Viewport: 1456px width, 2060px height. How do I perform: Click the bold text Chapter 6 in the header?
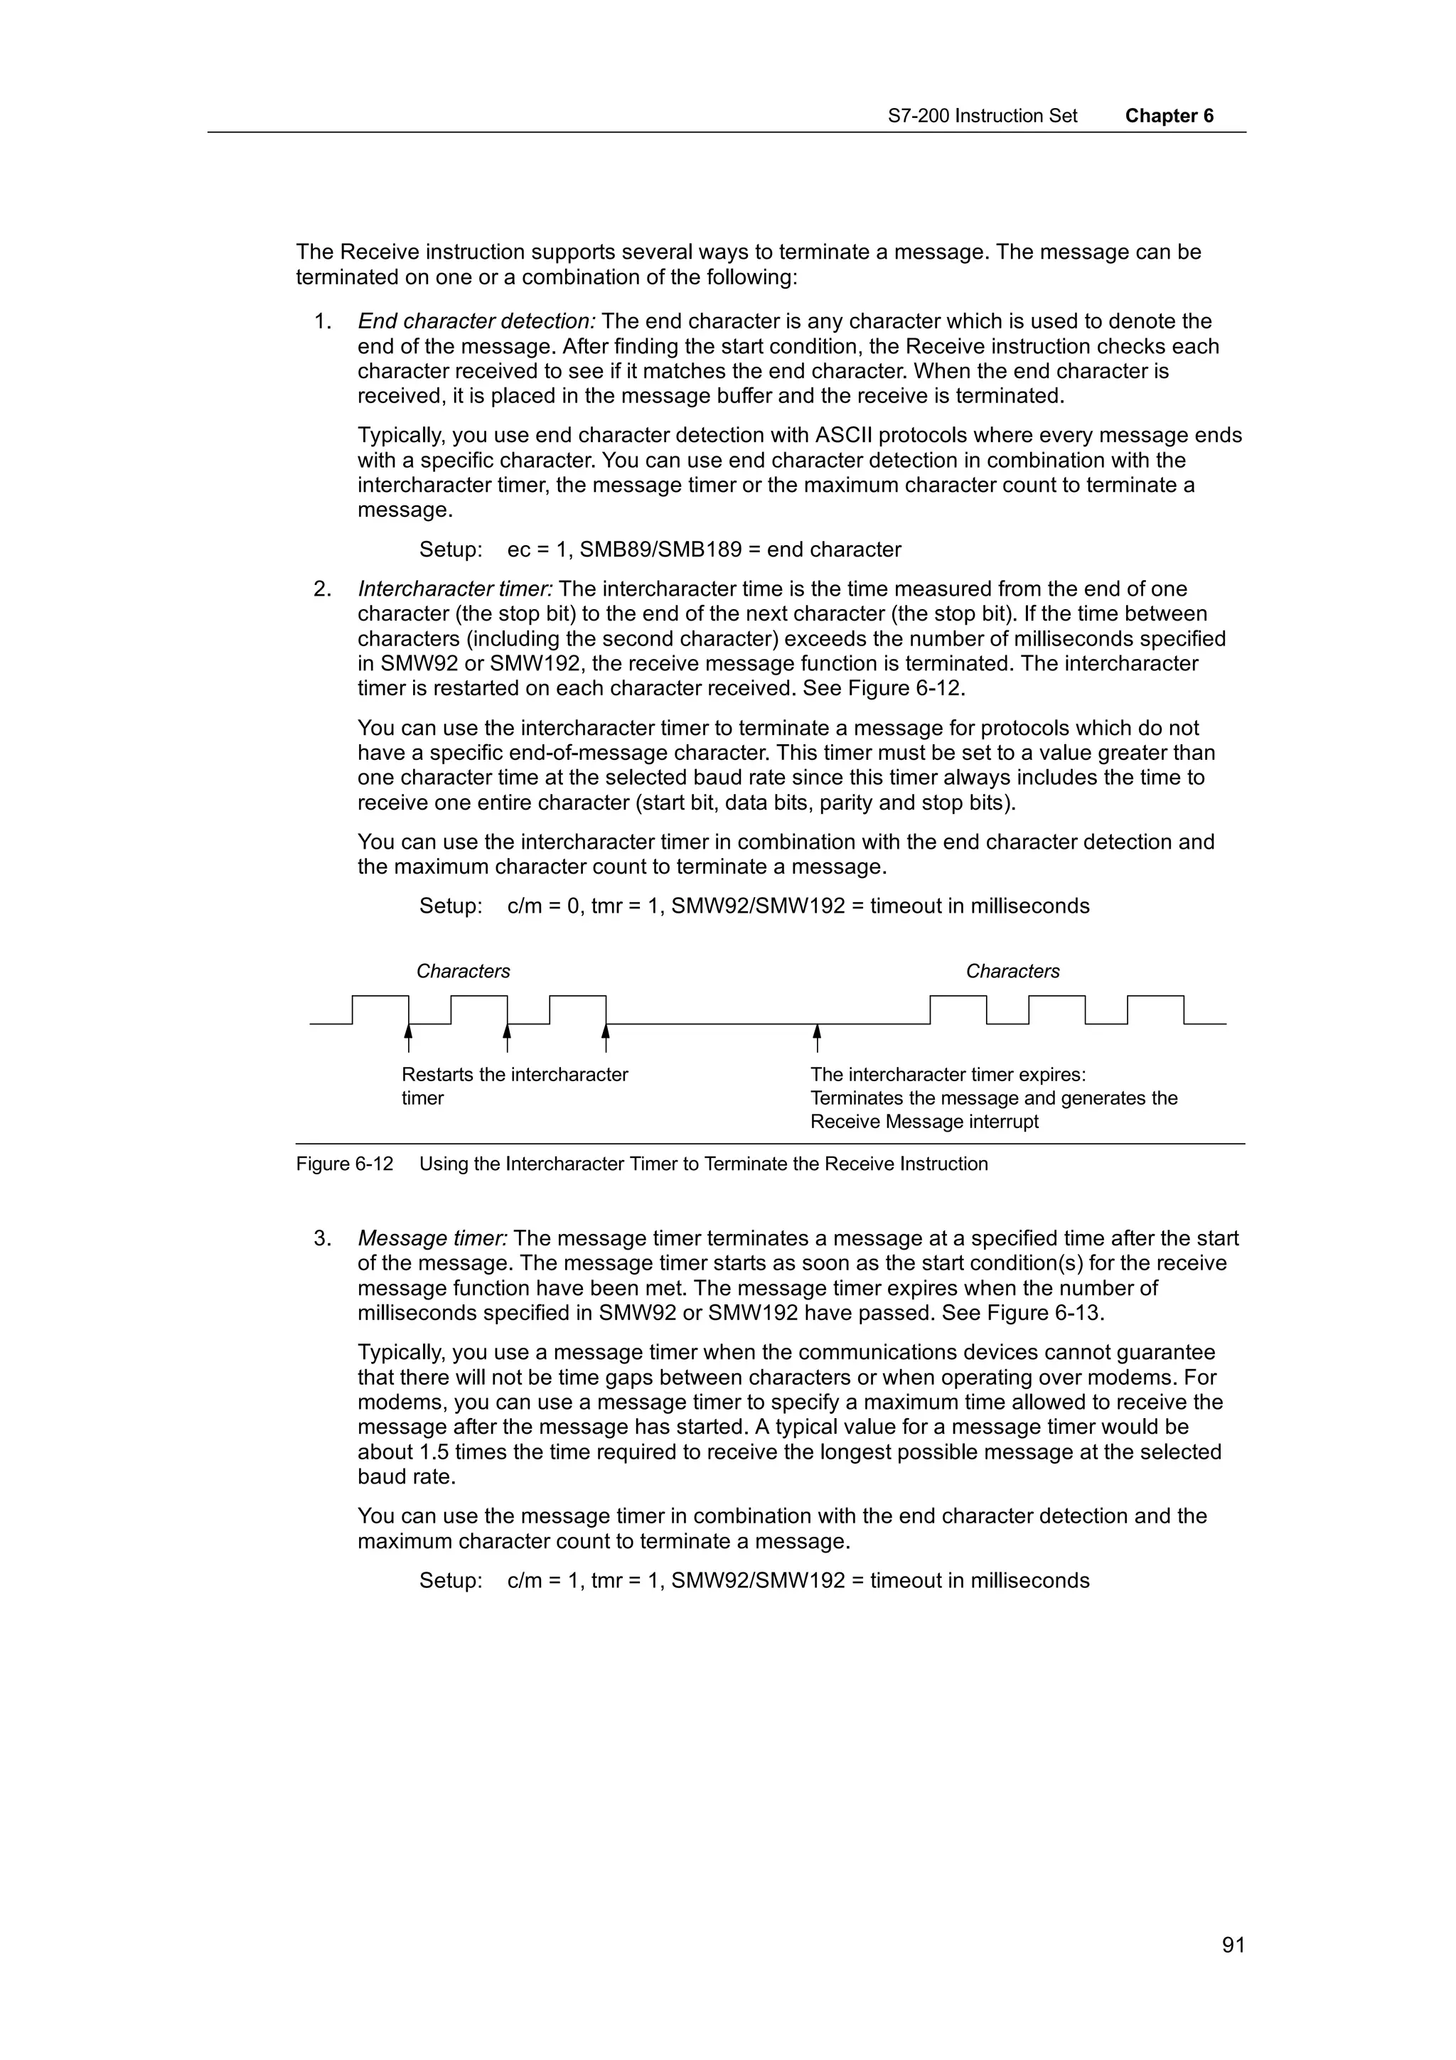coord(1168,116)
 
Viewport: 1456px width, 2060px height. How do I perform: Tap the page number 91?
coord(1233,1944)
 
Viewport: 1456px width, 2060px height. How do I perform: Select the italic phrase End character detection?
coord(476,321)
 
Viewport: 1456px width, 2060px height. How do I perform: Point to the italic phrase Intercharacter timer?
coord(455,589)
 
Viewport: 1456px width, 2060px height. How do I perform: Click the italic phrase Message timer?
coord(432,1238)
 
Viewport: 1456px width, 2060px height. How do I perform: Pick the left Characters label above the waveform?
coord(463,971)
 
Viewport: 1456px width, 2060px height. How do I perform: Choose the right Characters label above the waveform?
coord(1012,971)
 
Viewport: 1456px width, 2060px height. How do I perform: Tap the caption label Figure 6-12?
coord(345,1164)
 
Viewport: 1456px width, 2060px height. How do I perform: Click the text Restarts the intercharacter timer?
coord(514,1085)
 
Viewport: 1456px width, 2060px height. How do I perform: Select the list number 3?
coord(322,1238)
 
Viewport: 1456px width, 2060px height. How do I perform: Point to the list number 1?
coord(322,321)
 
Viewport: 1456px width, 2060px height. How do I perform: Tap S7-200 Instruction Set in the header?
coord(983,116)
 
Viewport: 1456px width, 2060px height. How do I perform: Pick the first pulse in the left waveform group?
coord(380,1009)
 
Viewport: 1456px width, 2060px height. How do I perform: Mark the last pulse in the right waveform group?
coord(1155,1009)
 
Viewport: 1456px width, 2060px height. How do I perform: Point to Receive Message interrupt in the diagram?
coord(924,1122)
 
